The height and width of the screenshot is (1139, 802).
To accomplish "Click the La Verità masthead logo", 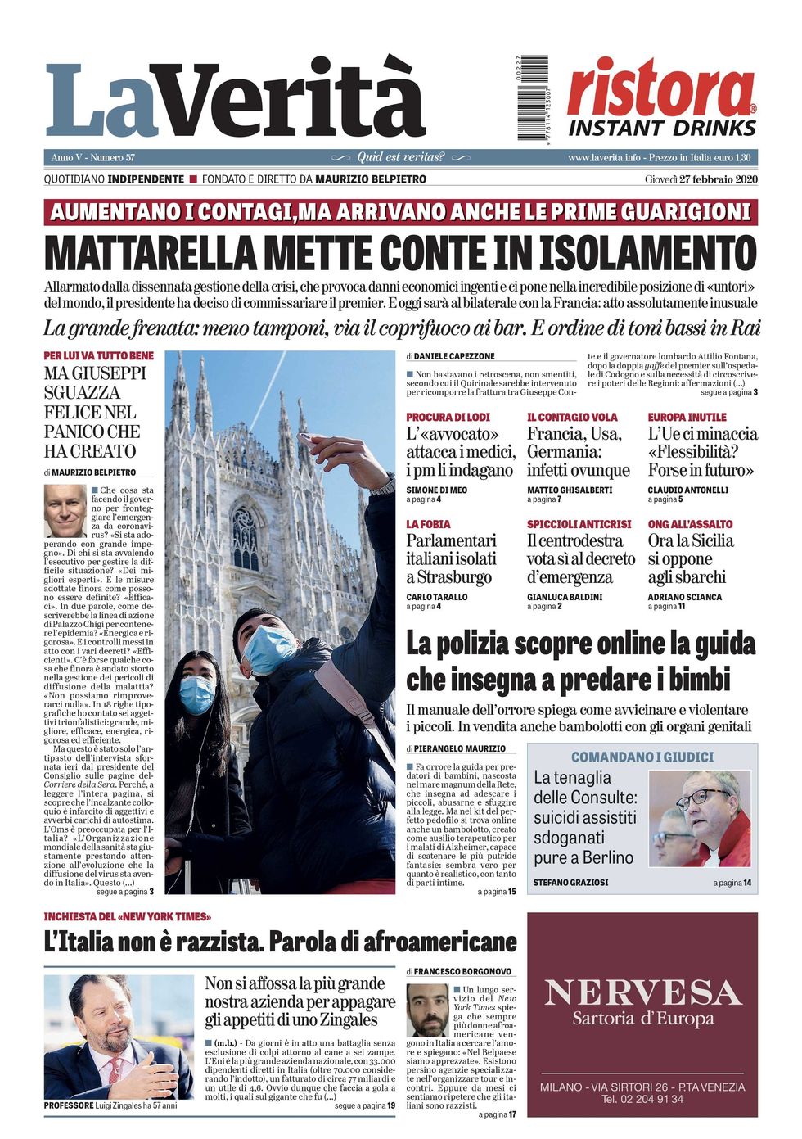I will [236, 100].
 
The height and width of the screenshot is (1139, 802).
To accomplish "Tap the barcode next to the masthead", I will [533, 98].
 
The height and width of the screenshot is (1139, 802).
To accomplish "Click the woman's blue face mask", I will [197, 694].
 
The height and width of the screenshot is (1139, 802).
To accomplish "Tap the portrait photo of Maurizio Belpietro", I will [65, 510].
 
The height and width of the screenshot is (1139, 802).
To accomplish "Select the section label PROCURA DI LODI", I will [448, 417].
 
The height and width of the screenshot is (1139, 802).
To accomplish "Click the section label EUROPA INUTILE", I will [687, 417].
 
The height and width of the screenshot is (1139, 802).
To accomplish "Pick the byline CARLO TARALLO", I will [437, 597].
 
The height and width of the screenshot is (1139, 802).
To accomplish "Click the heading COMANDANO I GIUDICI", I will [642, 757].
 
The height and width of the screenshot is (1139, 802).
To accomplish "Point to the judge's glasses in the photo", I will [703, 795].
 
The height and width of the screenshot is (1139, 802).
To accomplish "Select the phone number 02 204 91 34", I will [642, 1099].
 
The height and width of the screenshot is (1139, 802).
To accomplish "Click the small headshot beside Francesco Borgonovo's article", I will [428, 1010].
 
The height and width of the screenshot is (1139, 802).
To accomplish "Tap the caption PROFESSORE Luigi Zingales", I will [110, 1105].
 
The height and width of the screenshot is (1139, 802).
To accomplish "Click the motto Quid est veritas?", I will [401, 157].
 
